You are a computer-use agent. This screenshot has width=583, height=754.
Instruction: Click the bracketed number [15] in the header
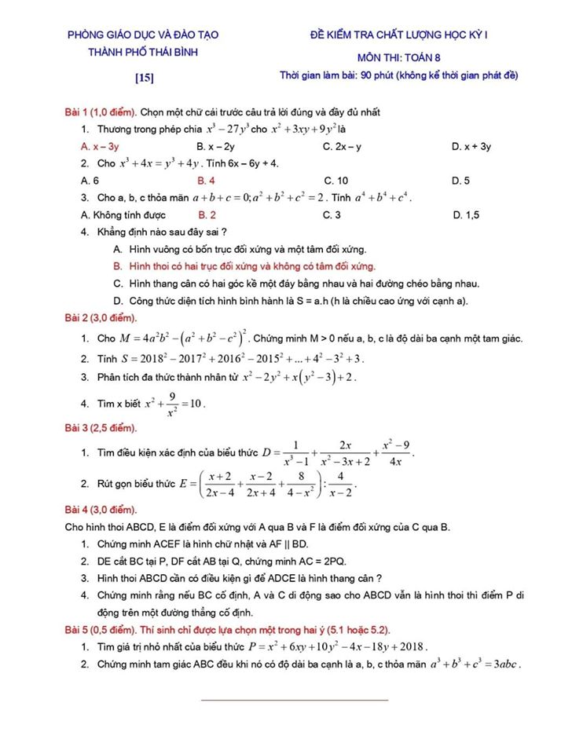point(143,77)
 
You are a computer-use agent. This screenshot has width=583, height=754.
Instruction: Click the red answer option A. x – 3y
point(100,146)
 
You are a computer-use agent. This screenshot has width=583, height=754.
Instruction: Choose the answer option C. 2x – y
point(342,146)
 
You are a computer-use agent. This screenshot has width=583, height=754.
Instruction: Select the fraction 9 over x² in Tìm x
point(170,403)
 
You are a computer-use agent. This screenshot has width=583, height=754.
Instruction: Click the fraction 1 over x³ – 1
point(295,453)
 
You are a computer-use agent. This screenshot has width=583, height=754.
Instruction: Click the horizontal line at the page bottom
point(295,699)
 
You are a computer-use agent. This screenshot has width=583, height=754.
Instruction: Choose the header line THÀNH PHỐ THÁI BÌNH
point(142,52)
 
